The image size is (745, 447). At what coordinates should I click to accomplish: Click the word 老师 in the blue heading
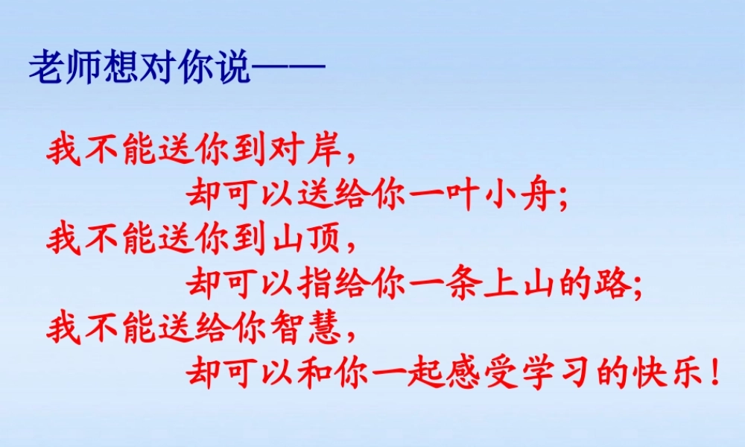(65, 69)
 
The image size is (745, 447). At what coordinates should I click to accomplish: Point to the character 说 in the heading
(232, 69)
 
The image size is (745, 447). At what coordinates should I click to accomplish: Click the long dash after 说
(288, 69)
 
